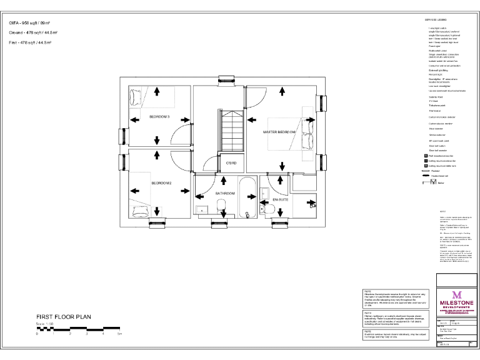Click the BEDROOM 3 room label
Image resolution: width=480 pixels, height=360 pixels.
(x=159, y=117)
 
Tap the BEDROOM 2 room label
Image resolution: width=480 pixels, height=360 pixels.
(x=161, y=183)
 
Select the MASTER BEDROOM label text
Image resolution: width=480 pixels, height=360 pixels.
(x=279, y=132)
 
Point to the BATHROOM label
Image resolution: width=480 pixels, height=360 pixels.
(x=225, y=194)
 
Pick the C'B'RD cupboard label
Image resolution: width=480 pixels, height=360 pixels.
(x=231, y=163)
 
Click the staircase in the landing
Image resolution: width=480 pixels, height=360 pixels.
(x=231, y=131)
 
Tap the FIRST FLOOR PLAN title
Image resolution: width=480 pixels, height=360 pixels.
(x=64, y=317)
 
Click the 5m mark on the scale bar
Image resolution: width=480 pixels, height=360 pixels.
(x=119, y=334)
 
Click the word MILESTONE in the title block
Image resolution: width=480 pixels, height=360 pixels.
(x=457, y=303)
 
